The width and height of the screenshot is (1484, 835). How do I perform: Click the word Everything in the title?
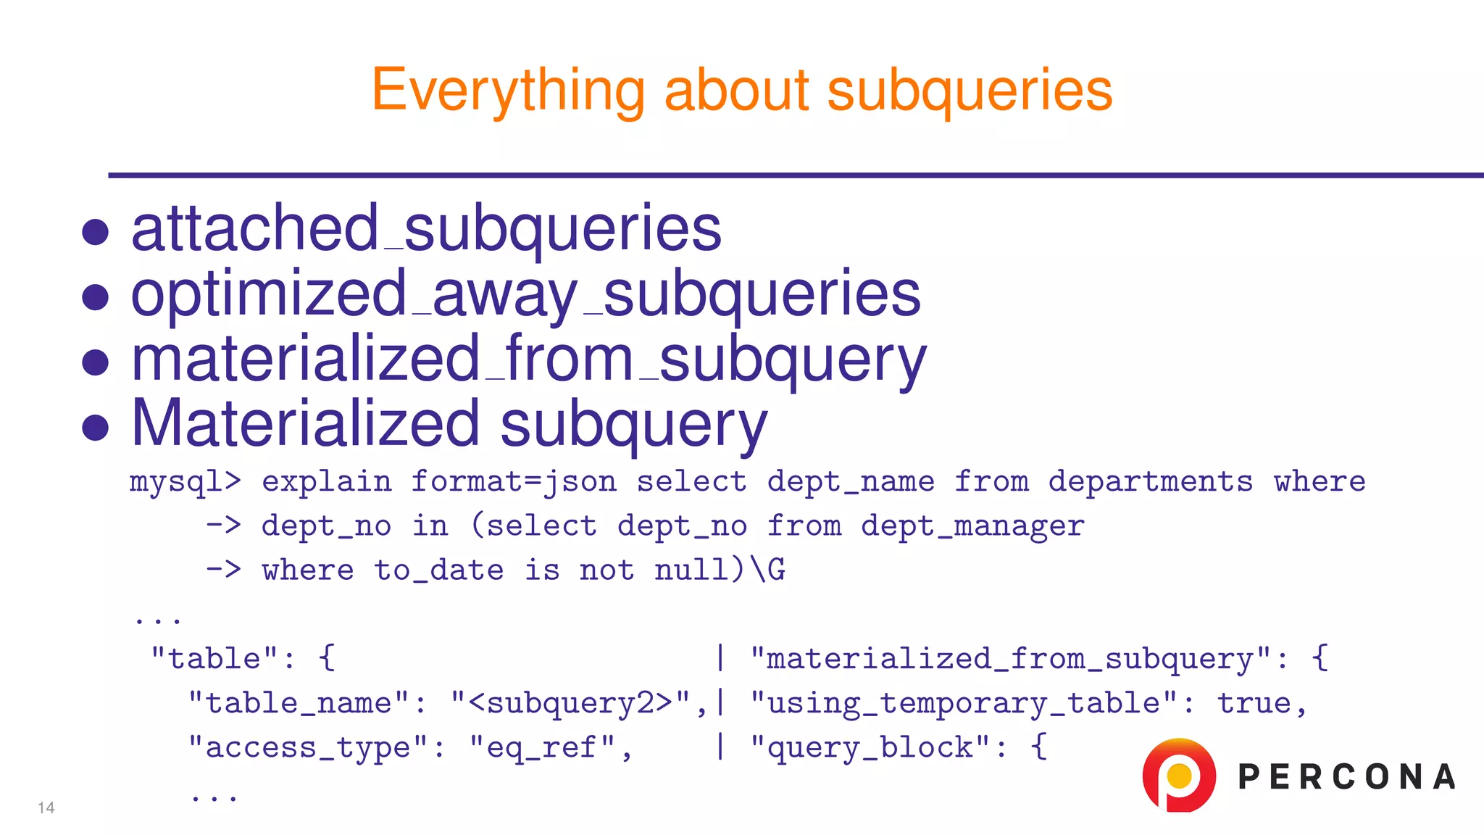(x=508, y=91)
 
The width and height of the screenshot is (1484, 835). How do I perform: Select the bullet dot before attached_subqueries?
(x=95, y=232)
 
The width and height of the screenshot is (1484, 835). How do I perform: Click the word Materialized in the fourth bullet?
(x=305, y=423)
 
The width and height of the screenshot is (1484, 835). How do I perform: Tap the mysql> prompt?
(x=185, y=482)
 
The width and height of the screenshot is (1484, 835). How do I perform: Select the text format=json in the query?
(x=514, y=482)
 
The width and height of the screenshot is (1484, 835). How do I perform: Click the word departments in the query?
(x=1150, y=482)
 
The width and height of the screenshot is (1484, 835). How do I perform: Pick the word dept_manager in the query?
(x=972, y=526)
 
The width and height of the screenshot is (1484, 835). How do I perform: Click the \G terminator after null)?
(x=767, y=570)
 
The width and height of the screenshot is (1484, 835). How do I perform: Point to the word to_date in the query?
(x=438, y=570)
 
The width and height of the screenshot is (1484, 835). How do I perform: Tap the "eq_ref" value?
(x=543, y=747)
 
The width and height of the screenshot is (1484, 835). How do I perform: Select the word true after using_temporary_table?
(x=1254, y=703)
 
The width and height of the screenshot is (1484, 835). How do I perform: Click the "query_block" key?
(x=870, y=747)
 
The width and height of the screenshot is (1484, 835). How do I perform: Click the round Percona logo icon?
(x=1178, y=775)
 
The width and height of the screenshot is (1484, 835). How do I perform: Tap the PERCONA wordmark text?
(x=1346, y=777)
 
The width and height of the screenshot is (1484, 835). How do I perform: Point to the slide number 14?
(x=46, y=807)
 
